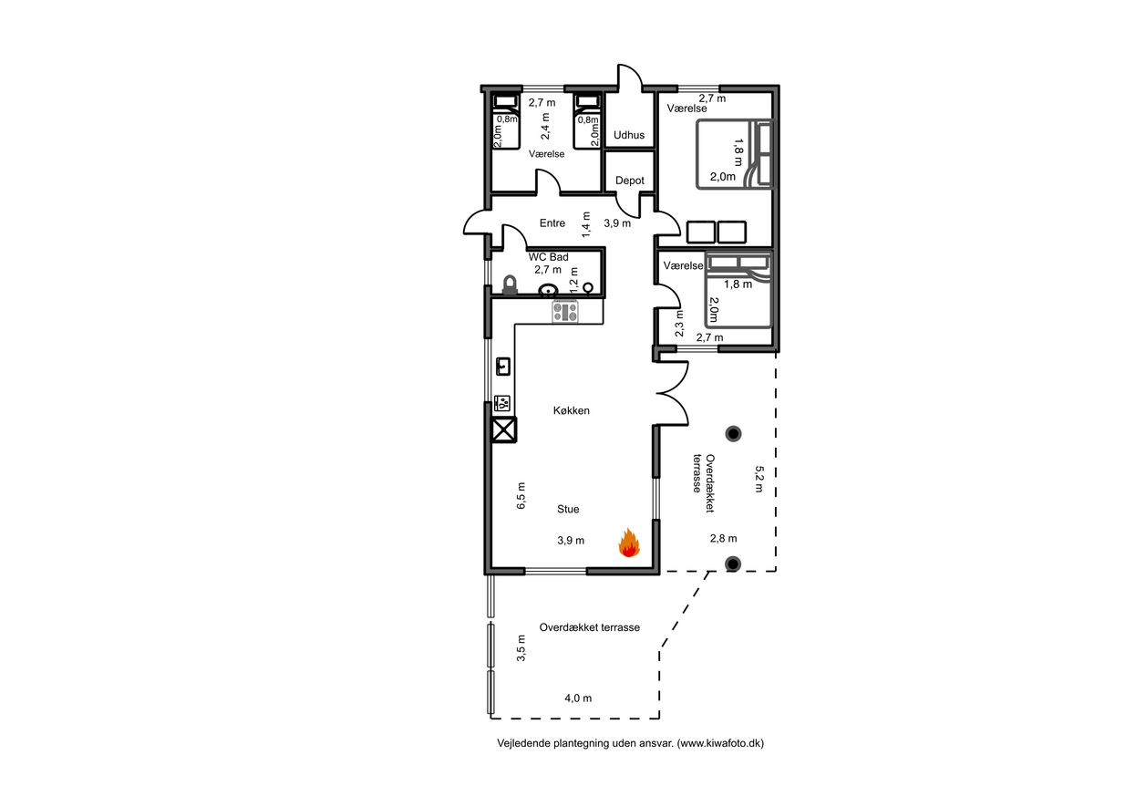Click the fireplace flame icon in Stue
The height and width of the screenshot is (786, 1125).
coord(629,543)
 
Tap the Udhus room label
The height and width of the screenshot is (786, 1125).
coord(629,135)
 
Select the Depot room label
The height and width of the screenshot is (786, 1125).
coord(630,181)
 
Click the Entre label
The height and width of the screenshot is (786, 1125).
coord(552,223)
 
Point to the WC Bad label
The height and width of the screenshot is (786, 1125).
coord(548,257)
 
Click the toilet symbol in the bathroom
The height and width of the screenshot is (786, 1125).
coord(511,284)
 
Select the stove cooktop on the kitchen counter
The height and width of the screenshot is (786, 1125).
coord(565,312)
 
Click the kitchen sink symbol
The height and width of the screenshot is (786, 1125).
coord(503,367)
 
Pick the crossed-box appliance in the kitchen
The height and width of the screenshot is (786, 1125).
coord(503,429)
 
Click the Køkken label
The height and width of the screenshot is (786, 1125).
coord(571,411)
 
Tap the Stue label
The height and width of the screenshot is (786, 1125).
coord(568,510)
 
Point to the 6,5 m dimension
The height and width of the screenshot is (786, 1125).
coord(521,496)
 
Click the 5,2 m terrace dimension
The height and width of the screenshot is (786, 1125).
coord(759,479)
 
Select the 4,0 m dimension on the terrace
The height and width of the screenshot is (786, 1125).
coord(578,698)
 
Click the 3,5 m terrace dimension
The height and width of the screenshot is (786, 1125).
coord(521,648)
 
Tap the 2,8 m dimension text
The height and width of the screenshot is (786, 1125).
coord(723,538)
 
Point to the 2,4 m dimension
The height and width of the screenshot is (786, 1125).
coord(545,126)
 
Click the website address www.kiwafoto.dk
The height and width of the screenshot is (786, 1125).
coord(720,743)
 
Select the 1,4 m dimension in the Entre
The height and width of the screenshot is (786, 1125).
coord(586,224)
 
